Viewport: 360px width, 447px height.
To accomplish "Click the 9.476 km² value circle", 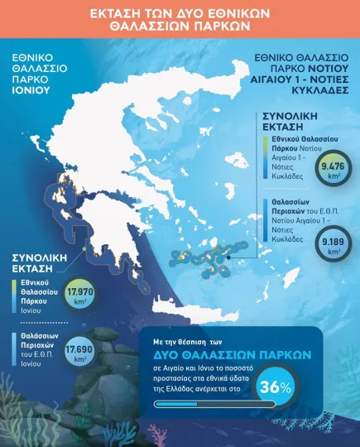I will point(329,172).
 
